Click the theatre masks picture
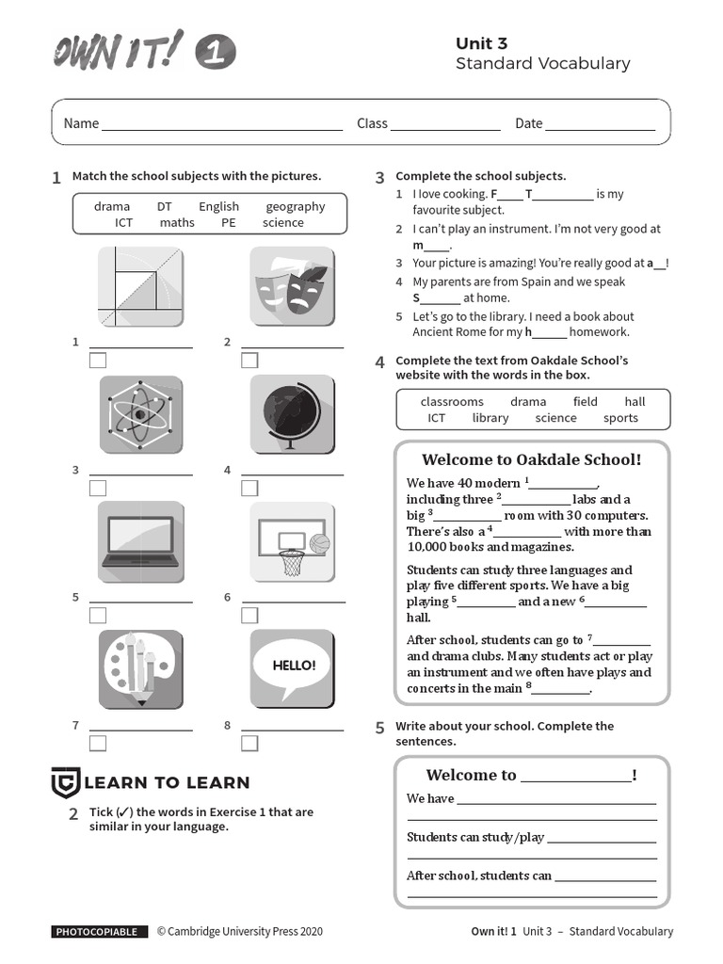(292, 286)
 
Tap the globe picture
(292, 414)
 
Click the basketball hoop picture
(292, 541)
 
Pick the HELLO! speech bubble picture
(292, 667)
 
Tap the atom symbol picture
(140, 414)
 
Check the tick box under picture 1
(98, 361)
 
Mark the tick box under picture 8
(249, 743)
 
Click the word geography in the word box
(295, 207)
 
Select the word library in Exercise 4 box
(490, 418)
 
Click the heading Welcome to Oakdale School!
(531, 459)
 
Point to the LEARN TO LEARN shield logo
(64, 782)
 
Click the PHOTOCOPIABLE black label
(99, 932)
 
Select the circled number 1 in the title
(215, 53)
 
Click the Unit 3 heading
(481, 43)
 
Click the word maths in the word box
(177, 223)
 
